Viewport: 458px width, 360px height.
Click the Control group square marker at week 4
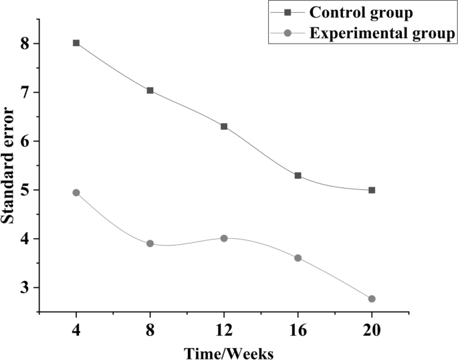(76, 43)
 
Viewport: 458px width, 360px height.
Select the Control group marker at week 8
(150, 90)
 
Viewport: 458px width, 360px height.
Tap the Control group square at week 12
(224, 126)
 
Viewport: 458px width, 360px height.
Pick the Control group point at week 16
(298, 175)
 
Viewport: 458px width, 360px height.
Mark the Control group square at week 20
(372, 190)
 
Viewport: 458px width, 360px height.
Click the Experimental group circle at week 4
(76, 193)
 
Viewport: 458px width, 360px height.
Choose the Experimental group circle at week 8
(150, 244)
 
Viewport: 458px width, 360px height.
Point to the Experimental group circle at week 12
(224, 238)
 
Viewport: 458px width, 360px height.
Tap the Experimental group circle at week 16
(298, 258)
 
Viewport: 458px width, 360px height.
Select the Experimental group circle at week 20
(372, 298)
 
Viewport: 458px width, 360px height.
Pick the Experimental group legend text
(382, 33)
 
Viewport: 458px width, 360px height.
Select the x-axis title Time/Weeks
(224, 351)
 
